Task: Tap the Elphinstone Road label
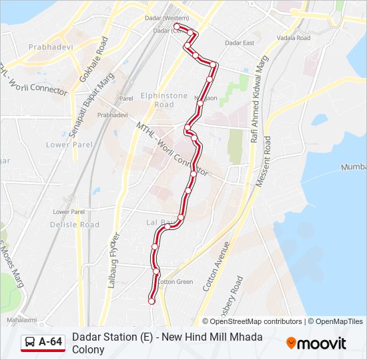click(164, 100)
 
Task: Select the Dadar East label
click(240, 43)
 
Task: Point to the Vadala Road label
click(294, 38)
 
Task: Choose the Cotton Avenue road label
click(216, 265)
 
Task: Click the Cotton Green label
click(175, 282)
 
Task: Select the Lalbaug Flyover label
click(114, 260)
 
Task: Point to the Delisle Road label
click(75, 225)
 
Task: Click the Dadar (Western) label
click(167, 18)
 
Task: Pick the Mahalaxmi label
click(22, 321)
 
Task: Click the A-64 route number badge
click(51, 342)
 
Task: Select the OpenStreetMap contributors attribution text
click(256, 321)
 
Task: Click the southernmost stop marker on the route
click(151, 301)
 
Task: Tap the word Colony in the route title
click(89, 349)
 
